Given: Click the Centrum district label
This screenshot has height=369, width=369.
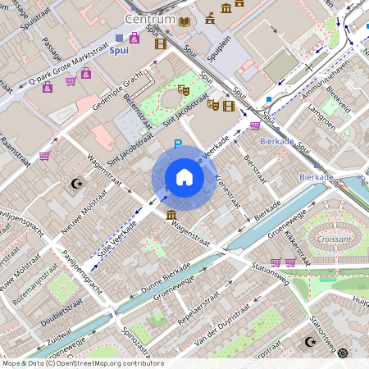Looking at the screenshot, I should (150, 19).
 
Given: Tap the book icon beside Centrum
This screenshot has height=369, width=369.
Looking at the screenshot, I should (185, 21).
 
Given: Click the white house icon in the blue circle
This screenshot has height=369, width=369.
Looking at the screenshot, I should (184, 177).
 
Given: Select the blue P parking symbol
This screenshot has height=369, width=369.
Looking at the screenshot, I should (177, 144).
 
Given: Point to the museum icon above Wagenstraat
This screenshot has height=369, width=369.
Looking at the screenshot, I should (171, 215).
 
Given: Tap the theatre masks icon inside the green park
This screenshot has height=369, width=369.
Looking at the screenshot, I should (184, 91).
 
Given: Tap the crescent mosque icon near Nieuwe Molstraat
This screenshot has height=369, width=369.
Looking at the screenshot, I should (79, 183).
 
